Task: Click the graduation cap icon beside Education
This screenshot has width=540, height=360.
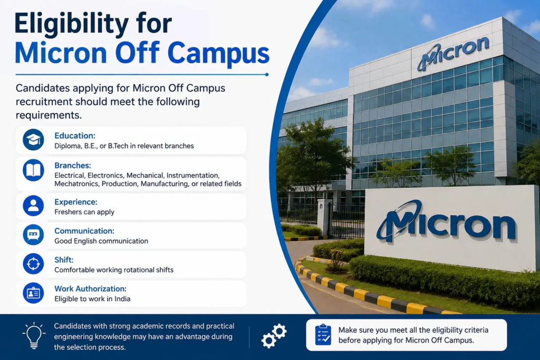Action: pyautogui.click(x=33, y=140)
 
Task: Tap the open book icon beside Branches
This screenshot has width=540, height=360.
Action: pyautogui.click(x=33, y=170)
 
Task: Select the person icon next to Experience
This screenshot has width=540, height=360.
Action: pyautogui.click(x=33, y=206)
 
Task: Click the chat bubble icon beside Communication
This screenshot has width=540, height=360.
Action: pyautogui.click(x=33, y=235)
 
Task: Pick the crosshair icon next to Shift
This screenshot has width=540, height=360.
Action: pyautogui.click(x=33, y=264)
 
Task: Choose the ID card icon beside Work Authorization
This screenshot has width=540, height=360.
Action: pyautogui.click(x=33, y=293)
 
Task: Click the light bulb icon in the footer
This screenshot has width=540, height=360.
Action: pyautogui.click(x=34, y=336)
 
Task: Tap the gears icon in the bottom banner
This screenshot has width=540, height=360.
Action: pyautogui.click(x=274, y=336)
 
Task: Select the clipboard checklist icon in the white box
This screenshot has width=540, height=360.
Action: pyautogui.click(x=323, y=335)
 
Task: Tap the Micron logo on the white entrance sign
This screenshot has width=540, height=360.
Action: pyautogui.click(x=447, y=221)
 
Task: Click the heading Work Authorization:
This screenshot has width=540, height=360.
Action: pyautogui.click(x=91, y=289)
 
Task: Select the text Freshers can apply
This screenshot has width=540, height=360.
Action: pyautogui.click(x=84, y=212)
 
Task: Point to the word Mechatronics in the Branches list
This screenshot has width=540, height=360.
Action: pyautogui.click(x=77, y=184)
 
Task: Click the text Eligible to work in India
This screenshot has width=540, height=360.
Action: pyautogui.click(x=92, y=299)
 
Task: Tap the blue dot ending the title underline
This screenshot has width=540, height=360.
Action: pyautogui.click(x=267, y=74)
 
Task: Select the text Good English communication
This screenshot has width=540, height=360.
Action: pyautogui.click(x=101, y=241)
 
